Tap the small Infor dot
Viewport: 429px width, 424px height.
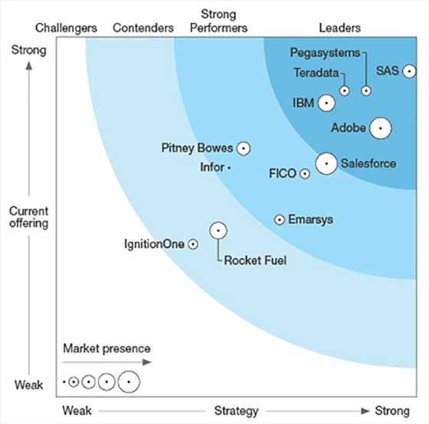point(229,168)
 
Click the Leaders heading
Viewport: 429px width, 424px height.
point(340,28)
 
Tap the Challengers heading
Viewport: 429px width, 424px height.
point(66,28)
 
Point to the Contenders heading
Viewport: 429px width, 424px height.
point(143,28)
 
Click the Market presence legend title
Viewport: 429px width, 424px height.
point(106,348)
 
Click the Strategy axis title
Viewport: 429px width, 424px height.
point(237,411)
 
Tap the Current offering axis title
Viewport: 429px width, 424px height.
point(29,217)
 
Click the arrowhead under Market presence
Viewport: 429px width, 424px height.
point(147,362)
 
